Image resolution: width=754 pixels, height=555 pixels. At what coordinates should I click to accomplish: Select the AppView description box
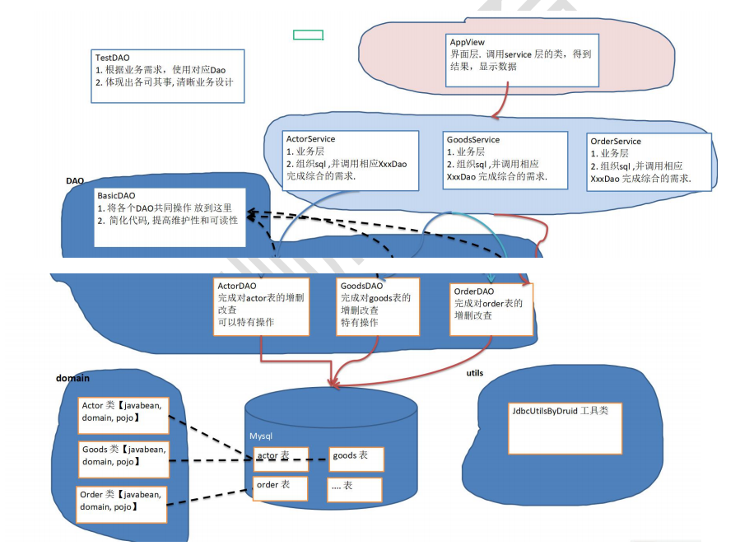(520, 58)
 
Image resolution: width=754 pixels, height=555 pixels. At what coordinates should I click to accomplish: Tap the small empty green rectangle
(308, 35)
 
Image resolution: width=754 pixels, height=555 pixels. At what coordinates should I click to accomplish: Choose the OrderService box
(649, 162)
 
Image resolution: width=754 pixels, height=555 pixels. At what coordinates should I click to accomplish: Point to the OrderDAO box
(491, 309)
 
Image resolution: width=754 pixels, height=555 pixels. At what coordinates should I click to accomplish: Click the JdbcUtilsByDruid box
(565, 428)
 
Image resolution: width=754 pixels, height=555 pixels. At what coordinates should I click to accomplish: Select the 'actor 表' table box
(281, 459)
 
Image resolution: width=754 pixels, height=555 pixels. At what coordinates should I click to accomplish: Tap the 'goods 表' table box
(356, 459)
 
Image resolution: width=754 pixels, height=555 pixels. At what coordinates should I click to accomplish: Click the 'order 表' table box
(280, 487)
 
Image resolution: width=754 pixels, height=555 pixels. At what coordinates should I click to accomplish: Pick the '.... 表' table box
(354, 489)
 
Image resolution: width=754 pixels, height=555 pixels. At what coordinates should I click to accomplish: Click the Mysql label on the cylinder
(261, 436)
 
